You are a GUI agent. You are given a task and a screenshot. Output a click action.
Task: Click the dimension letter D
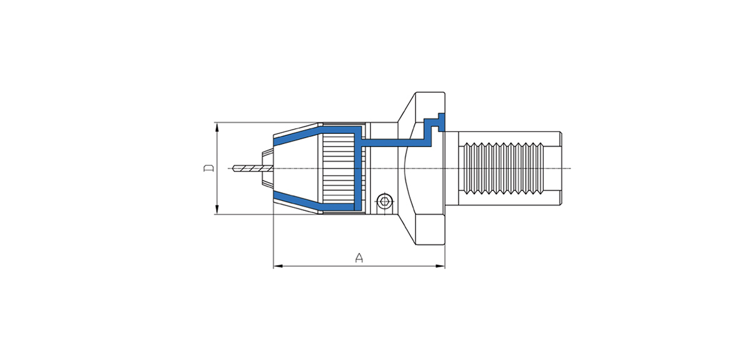(x=209, y=168)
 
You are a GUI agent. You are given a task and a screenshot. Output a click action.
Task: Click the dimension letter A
(x=359, y=258)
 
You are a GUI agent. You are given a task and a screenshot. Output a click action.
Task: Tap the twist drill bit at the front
(x=252, y=168)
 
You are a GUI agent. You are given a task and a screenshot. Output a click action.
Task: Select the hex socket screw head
(x=384, y=202)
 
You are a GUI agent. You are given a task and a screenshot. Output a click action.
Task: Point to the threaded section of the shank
(x=504, y=168)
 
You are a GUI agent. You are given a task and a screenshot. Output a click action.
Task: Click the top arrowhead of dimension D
(x=217, y=128)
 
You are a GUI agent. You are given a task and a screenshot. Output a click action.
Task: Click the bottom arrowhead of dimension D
(x=217, y=208)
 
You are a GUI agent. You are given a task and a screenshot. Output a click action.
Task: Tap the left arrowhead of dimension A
(x=278, y=266)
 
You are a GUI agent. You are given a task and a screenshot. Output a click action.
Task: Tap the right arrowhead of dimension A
(x=440, y=266)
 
